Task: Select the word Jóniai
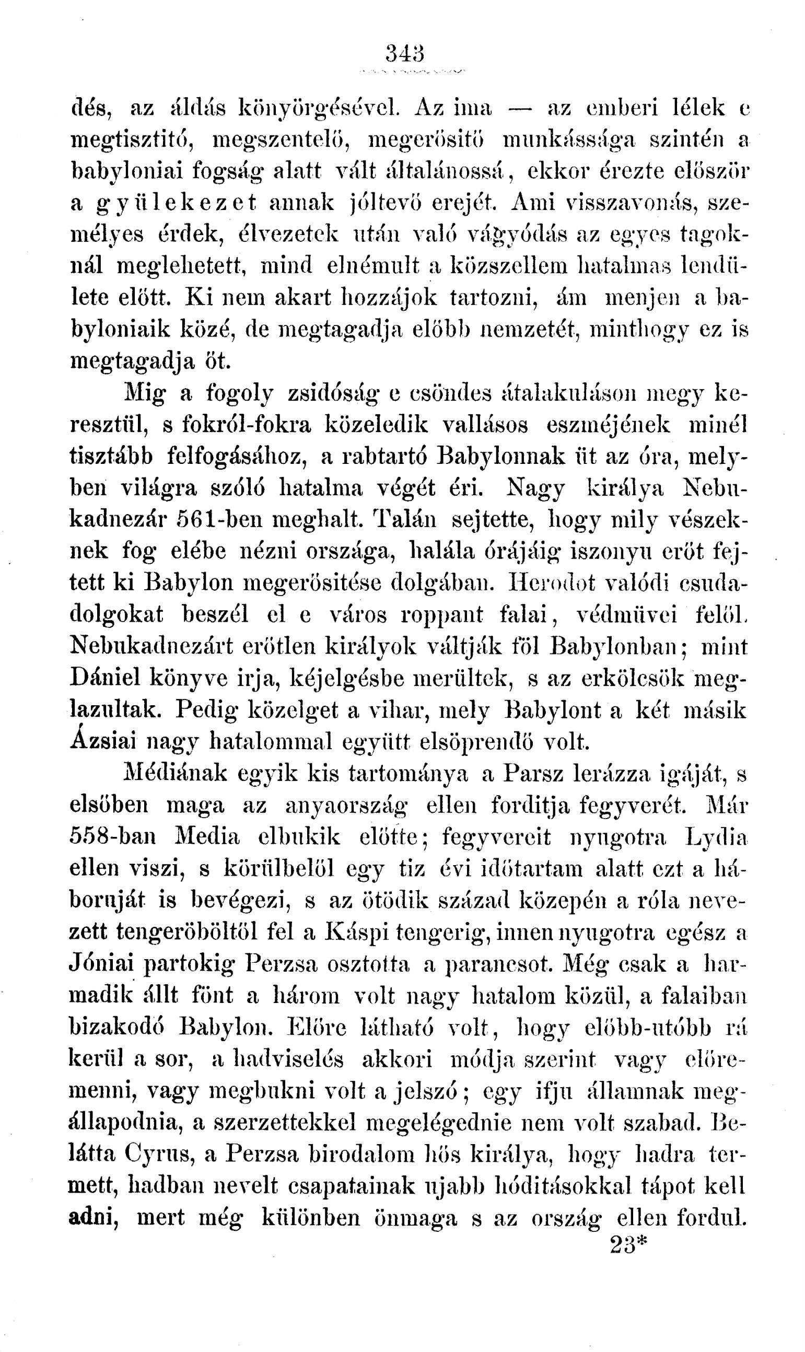[x=101, y=964]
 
